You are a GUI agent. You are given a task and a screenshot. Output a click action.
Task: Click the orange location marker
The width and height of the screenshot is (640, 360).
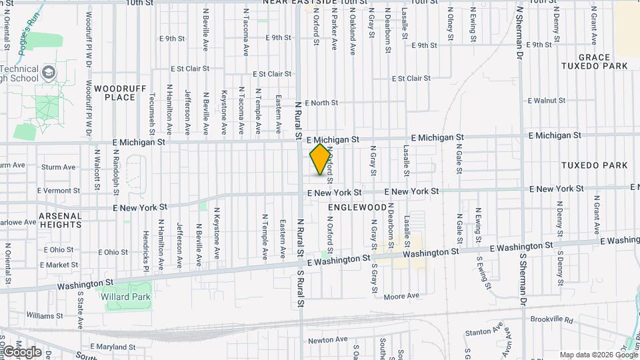[321, 159]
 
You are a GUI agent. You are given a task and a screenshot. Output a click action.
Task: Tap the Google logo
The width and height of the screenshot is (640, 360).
[22, 351]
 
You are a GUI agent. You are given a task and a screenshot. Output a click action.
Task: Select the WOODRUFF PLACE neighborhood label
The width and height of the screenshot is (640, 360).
[115, 93]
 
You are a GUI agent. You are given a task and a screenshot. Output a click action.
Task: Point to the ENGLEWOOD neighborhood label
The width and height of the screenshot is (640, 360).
[357, 207]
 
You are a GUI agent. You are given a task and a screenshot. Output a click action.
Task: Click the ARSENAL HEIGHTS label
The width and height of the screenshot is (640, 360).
[60, 220]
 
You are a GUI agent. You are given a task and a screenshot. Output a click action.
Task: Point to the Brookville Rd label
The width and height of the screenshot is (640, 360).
[551, 320]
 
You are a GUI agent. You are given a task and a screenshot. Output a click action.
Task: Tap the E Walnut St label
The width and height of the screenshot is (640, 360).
[546, 101]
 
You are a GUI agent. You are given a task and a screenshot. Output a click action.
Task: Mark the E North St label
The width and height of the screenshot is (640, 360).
[321, 103]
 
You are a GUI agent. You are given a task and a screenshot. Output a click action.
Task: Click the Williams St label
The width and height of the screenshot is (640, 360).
[45, 315]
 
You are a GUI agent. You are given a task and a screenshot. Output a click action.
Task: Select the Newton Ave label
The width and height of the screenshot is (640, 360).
[328, 339]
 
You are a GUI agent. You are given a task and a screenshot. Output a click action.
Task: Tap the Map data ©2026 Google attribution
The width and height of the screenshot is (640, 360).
[597, 355]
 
